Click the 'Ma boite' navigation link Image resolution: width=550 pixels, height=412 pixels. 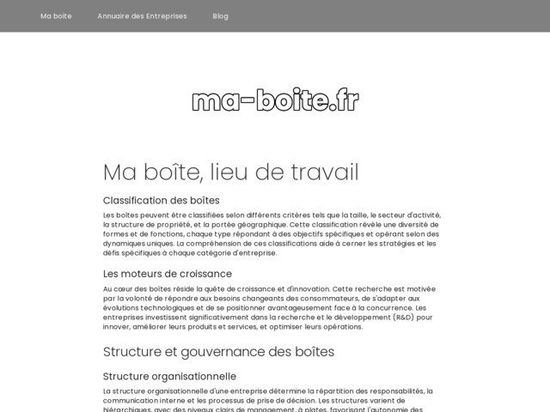click(56, 16)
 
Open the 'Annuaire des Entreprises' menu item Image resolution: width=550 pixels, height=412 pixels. click(142, 16)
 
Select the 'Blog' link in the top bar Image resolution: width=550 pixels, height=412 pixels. click(221, 16)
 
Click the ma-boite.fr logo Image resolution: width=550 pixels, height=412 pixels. click(275, 100)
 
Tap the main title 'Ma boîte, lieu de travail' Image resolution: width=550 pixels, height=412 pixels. click(230, 172)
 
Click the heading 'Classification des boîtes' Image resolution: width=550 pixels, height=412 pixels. click(162, 201)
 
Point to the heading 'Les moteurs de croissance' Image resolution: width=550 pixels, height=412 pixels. click(168, 274)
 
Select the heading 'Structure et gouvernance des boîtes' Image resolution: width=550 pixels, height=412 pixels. click(218, 352)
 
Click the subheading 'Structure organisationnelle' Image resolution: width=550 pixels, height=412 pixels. click(169, 377)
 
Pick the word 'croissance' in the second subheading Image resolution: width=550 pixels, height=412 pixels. click(201, 274)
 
